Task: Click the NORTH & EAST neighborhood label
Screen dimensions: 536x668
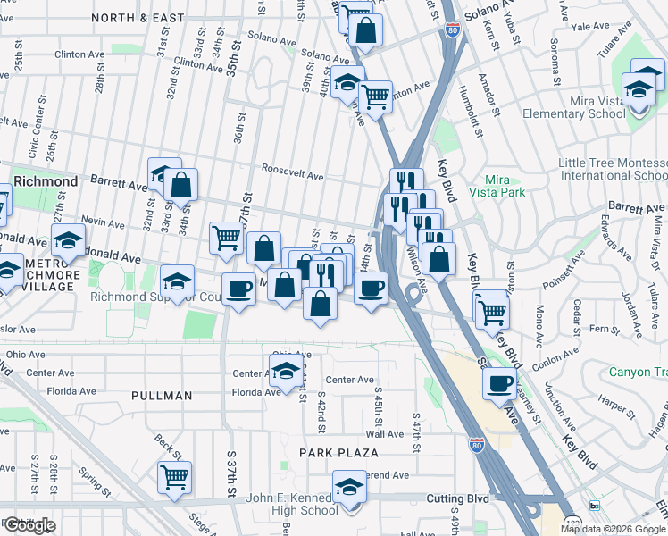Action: click(138, 17)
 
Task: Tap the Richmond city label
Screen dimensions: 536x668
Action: click(46, 181)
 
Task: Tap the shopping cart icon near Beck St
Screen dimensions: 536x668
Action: click(174, 476)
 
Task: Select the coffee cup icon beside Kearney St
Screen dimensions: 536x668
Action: click(499, 383)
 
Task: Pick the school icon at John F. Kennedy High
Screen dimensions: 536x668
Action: click(349, 488)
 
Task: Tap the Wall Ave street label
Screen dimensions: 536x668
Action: click(385, 433)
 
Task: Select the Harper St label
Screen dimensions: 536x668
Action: click(615, 406)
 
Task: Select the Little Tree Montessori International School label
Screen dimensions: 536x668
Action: click(612, 170)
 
